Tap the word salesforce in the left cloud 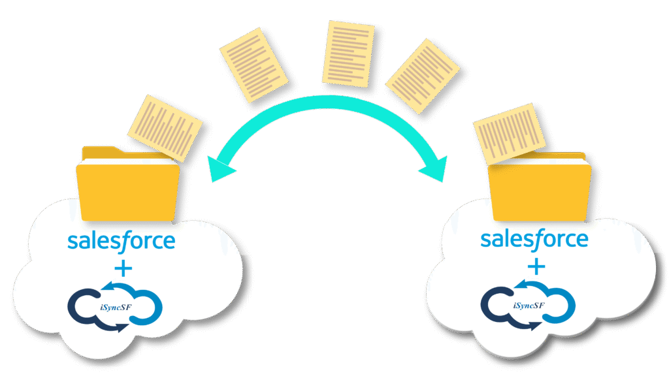(x=122, y=241)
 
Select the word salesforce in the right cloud (x=534, y=240)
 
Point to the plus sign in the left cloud (x=122, y=269)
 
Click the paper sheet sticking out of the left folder (x=164, y=127)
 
